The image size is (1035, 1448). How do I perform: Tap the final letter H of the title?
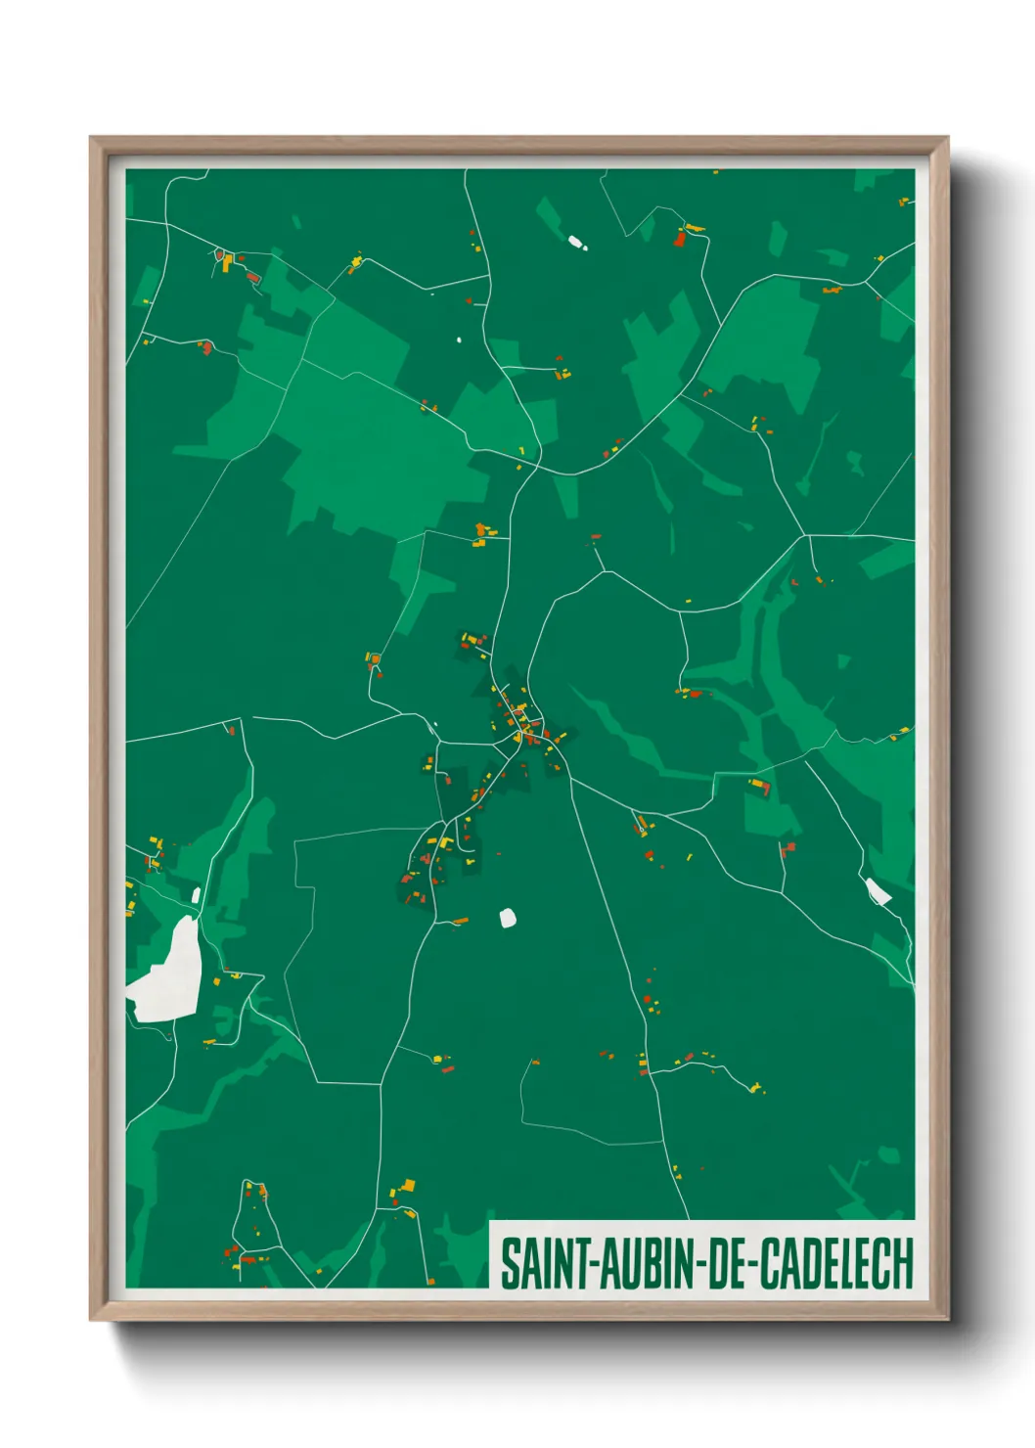[903, 1263]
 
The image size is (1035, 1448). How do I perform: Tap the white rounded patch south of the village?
[508, 918]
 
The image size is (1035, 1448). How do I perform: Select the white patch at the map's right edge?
[877, 890]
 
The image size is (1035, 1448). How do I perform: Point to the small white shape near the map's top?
[576, 241]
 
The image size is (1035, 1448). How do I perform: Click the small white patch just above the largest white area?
[197, 894]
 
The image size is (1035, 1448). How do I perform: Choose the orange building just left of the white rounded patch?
[459, 921]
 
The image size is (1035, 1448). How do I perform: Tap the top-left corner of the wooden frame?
[92, 139]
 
